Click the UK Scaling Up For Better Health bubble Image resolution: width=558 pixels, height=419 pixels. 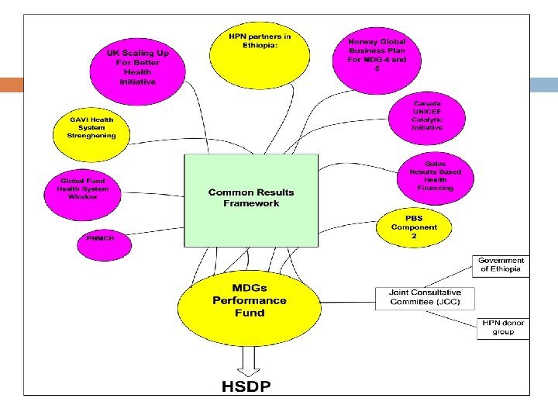tap(137, 67)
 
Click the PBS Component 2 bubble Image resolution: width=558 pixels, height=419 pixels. tap(414, 227)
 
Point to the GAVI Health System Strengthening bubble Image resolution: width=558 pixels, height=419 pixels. tap(91, 128)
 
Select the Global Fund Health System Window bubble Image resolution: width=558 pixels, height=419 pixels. tap(83, 189)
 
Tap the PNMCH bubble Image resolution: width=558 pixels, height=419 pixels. tap(102, 239)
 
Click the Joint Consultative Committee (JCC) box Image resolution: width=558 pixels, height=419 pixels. tap(425, 297)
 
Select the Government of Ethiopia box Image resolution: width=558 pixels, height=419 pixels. tap(501, 265)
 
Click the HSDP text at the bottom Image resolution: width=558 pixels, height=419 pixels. tap(247, 386)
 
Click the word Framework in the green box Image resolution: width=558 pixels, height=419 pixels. tap(251, 204)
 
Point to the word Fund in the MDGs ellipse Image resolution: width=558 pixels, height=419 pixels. tap(249, 313)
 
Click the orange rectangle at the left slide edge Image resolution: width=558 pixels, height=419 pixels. tap(12, 85)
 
